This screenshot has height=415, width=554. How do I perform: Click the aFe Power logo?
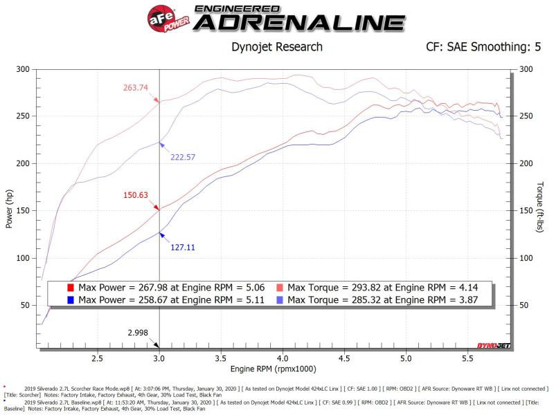coord(163,16)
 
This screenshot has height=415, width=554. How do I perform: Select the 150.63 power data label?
coord(137,195)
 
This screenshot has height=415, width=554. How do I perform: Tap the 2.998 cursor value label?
coord(138,332)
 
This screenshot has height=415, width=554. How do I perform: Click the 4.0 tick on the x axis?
coord(283,359)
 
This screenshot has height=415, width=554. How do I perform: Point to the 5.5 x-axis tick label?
coord(467,359)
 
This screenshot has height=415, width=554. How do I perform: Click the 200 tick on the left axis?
coord(23,163)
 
